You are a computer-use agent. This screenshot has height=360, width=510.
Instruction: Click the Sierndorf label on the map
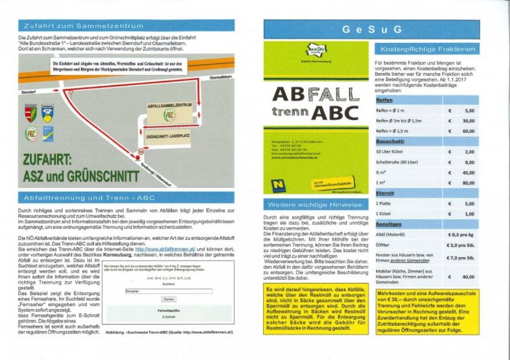(28, 93)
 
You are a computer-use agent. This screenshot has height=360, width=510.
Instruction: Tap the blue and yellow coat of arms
(47, 112)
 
